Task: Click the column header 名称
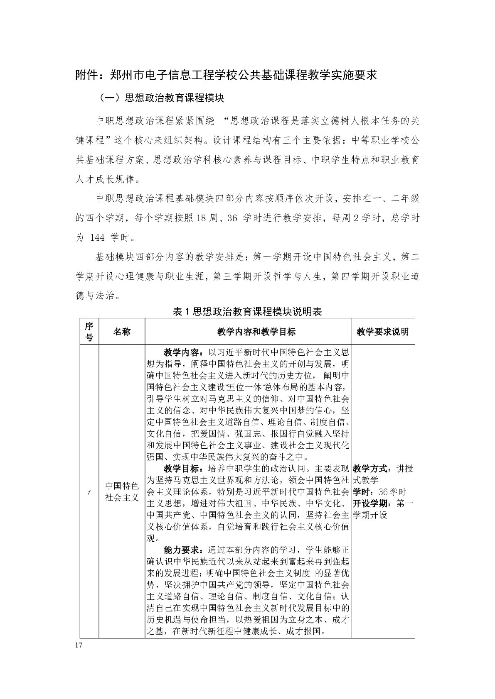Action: pyautogui.click(x=122, y=331)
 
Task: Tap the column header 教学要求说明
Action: pyautogui.click(x=382, y=331)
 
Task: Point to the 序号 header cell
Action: pyautogui.click(x=89, y=331)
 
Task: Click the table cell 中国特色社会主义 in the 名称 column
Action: pyautogui.click(x=122, y=491)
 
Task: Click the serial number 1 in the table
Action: pyautogui.click(x=89, y=493)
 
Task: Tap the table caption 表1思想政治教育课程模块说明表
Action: pyautogui.click(x=247, y=312)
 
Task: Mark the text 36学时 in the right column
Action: pyautogui.click(x=392, y=492)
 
